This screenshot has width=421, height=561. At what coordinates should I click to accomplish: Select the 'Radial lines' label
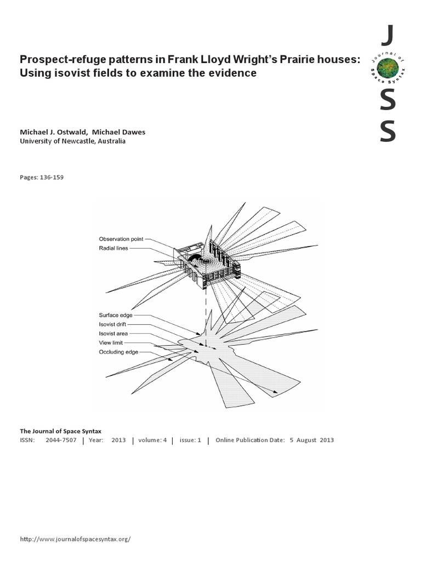coord(115,248)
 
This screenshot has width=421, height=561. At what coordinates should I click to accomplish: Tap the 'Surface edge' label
coord(115,315)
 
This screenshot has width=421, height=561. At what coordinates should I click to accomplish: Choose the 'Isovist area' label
coord(113,333)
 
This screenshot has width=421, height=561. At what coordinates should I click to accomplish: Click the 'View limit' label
coord(111,342)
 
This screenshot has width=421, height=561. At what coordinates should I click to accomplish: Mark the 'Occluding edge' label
coord(118,352)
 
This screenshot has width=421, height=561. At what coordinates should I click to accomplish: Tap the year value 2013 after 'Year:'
coord(118,440)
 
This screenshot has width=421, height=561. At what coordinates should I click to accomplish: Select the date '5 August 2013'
coord(311,440)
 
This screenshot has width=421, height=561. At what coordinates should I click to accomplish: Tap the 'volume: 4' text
coord(152,440)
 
